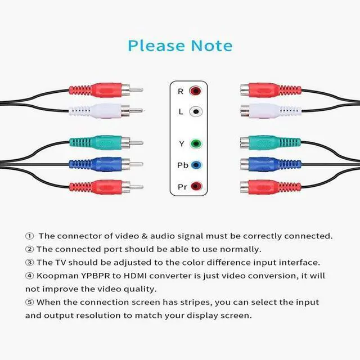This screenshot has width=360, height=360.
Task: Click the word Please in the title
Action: [154, 45]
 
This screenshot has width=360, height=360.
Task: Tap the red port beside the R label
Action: [195, 91]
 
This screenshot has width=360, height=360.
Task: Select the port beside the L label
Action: [195, 111]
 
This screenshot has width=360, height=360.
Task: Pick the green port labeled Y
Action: [195, 143]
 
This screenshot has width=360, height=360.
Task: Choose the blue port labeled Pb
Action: [195, 165]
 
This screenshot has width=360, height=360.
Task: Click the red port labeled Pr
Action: [195, 186]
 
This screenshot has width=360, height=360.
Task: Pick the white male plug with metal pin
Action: [98, 111]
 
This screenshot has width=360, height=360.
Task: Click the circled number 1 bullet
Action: [29, 236]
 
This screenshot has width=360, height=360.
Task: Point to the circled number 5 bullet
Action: [29, 302]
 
